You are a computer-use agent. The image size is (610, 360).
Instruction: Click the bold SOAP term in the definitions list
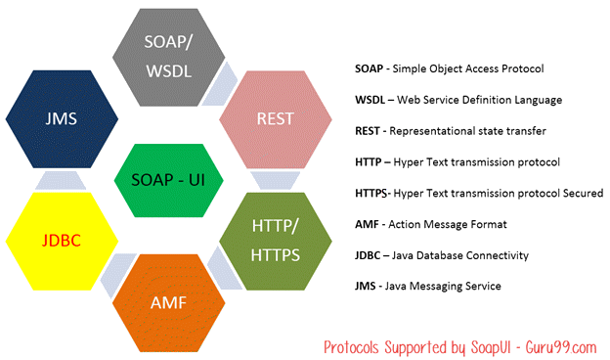(370, 68)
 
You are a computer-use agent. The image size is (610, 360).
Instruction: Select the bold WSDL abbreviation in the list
(371, 100)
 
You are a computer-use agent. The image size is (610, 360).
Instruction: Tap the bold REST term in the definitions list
(369, 130)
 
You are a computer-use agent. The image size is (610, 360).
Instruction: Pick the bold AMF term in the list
(368, 224)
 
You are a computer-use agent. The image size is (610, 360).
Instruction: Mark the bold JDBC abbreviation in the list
(370, 254)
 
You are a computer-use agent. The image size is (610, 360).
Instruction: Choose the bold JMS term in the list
(367, 286)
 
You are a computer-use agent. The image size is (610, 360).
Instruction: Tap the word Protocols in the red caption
(356, 345)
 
